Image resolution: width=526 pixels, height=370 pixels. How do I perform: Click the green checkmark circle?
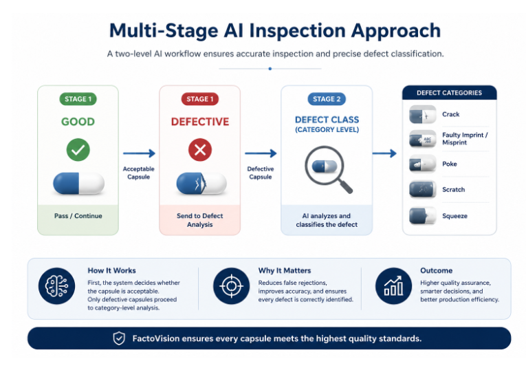tap(78, 150)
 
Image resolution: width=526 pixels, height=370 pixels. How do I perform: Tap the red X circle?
tap(200, 150)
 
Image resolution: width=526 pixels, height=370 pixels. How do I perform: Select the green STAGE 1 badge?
tap(78, 99)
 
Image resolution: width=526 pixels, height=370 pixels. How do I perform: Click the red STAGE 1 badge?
tap(200, 99)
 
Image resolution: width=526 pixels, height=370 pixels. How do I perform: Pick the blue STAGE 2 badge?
tap(327, 99)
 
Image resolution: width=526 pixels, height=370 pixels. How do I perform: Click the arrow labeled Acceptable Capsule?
tap(139, 153)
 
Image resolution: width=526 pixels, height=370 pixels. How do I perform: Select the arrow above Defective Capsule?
tap(261, 153)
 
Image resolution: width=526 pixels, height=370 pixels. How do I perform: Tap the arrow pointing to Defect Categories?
tap(384, 153)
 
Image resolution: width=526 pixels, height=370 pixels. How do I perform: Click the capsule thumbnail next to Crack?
tap(423, 114)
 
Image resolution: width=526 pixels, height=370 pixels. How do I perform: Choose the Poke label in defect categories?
tap(450, 164)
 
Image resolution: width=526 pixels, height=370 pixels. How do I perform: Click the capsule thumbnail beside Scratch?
tap(423, 190)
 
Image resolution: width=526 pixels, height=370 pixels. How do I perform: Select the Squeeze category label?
tap(454, 216)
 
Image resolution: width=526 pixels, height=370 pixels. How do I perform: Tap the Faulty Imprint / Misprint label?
tap(465, 138)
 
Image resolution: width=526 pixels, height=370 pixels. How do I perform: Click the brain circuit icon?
tap(56, 286)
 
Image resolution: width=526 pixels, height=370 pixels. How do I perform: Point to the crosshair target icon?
tap(231, 286)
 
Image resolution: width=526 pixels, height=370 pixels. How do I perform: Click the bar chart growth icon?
tap(393, 286)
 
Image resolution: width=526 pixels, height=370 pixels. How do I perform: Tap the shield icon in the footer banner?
tap(119, 338)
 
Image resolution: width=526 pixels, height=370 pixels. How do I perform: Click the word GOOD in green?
tap(78, 122)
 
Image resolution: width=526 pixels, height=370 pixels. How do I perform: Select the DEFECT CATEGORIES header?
tap(449, 93)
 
